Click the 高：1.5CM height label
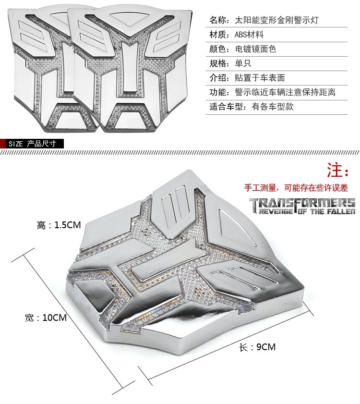pyautogui.click(x=59, y=225)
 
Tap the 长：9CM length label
pyautogui.click(x=257, y=347)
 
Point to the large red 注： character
pyautogui.click(x=339, y=170)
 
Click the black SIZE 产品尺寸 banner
pyautogui.click(x=32, y=143)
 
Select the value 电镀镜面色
pyautogui.click(x=255, y=49)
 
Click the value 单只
pyautogui.click(x=243, y=63)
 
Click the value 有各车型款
pyautogui.click(x=272, y=107)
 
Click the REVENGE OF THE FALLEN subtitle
pyautogui.click(x=306, y=211)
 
